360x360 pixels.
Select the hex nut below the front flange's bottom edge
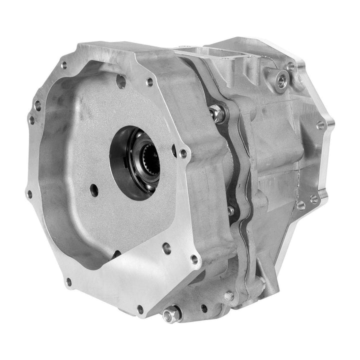pyautogui.click(x=171, y=314)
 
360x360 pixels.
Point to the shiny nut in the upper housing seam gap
pyautogui.click(x=217, y=114)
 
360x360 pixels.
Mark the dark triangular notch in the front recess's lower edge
pyautogui.click(x=115, y=254)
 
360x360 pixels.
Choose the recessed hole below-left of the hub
pyautogui.click(x=93, y=188)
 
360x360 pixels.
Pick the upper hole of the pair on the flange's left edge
pyautogui.click(x=37, y=105)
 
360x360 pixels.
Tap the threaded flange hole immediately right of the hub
pyautogui.click(x=183, y=153)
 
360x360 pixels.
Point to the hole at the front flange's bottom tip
pyautogui.click(x=141, y=309)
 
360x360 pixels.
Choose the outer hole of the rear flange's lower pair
pyautogui.click(x=314, y=199)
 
